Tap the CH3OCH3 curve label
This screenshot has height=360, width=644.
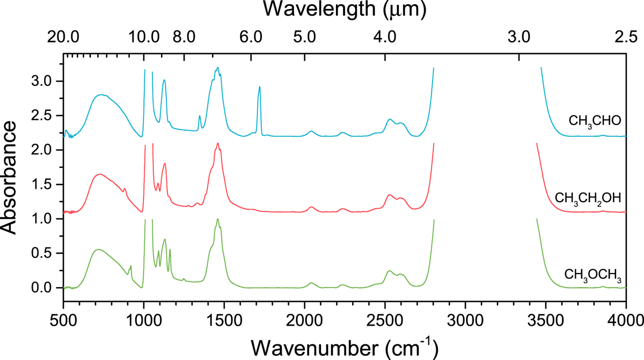pos(592,276)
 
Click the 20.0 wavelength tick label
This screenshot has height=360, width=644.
pos(63,38)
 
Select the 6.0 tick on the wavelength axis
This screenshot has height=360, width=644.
pos(251,38)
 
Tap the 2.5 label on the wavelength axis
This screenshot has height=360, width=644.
pos(626,38)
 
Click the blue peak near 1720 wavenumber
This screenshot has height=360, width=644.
pos(260,87)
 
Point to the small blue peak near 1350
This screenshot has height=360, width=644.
pos(200,116)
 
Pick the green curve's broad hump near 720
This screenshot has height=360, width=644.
pos(98,249)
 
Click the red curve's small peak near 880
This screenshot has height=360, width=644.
pos(125,189)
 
